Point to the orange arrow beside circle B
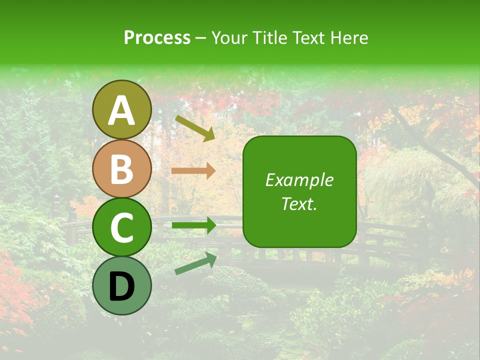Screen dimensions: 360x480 pyautogui.click(x=193, y=171)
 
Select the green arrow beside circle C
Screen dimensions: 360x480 pyautogui.click(x=194, y=225)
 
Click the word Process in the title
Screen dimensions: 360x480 pyautogui.click(x=157, y=38)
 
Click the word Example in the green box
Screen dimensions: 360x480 pyautogui.click(x=299, y=180)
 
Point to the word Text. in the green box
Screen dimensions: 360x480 pyautogui.click(x=299, y=203)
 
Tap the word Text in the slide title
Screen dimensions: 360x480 pyautogui.click(x=309, y=38)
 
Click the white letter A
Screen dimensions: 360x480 pyautogui.click(x=122, y=110)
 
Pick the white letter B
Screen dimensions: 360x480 pyautogui.click(x=122, y=169)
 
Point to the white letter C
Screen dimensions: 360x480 pyautogui.click(x=122, y=228)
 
